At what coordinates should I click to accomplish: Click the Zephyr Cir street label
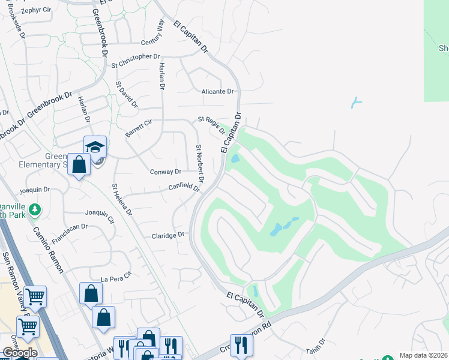tap(35, 11)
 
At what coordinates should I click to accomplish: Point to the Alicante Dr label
tap(217, 91)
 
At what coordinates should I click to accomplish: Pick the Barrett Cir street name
tap(139, 128)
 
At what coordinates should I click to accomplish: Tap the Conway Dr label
tap(165, 172)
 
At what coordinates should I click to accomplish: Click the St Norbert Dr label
tap(200, 164)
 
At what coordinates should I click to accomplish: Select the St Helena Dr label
tap(122, 199)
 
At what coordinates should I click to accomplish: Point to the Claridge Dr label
tap(166, 235)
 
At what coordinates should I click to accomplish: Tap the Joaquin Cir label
tap(100, 216)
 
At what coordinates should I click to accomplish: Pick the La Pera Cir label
tap(115, 279)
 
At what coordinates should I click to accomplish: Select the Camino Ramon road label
tap(47, 249)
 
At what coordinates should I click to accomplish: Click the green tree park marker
tap(35, 209)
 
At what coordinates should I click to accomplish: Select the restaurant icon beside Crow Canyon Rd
tap(241, 344)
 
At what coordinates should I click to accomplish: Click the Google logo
tap(20, 353)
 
